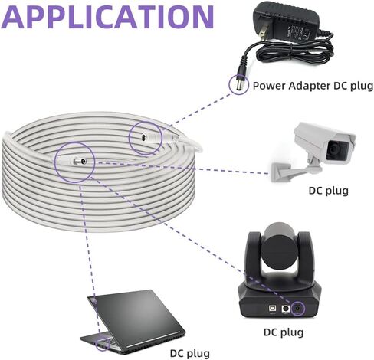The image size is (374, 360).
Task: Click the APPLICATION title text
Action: pyautogui.click(x=107, y=17)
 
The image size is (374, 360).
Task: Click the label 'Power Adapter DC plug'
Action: pyautogui.click(x=313, y=86)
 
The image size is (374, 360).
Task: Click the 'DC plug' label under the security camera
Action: pyautogui.click(x=328, y=191)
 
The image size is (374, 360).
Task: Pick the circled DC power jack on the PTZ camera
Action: pyautogui.click(x=297, y=309)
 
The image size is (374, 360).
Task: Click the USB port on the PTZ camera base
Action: pyautogui.click(x=272, y=309)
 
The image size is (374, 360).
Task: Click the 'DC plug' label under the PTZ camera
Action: pyautogui.click(x=284, y=332)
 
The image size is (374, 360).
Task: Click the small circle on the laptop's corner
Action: pyautogui.click(x=103, y=344)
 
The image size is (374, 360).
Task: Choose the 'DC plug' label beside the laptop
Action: pyautogui.click(x=190, y=354)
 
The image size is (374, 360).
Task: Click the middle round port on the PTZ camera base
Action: pyautogui.click(x=285, y=309)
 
